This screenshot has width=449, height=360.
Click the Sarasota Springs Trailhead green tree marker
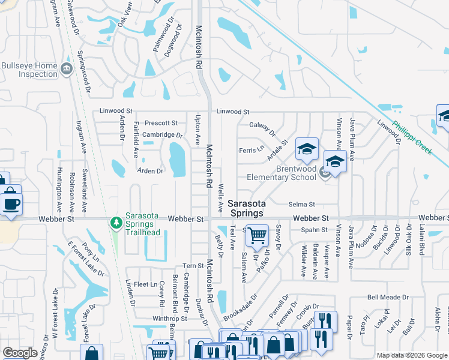[x=116, y=223]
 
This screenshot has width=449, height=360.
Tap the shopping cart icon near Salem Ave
[x=257, y=235]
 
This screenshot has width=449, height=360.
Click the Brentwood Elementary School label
[x=296, y=173]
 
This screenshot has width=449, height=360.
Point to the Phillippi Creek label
[x=412, y=138]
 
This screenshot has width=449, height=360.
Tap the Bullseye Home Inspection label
[x=29, y=70]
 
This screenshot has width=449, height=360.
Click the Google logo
[x=20, y=353]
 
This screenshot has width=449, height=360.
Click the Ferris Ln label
[x=251, y=149]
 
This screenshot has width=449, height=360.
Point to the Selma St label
[x=301, y=205]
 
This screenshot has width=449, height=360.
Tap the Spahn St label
[x=315, y=230]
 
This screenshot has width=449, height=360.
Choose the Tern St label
[x=193, y=266]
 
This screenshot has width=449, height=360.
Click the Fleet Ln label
[x=145, y=284]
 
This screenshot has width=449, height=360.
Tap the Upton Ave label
[x=197, y=130]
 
